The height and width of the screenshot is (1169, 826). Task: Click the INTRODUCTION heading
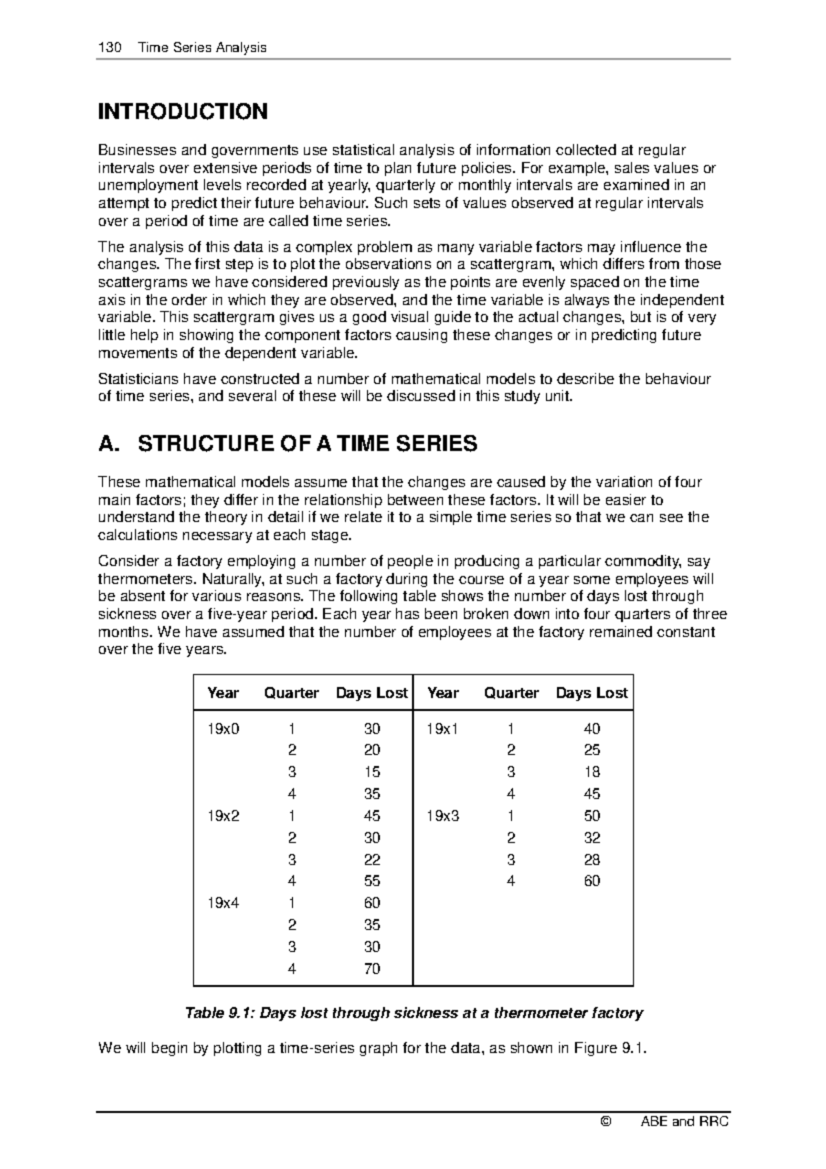[182, 112]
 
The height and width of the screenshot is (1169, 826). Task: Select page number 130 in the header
[110, 48]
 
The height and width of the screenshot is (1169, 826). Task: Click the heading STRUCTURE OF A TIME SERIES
[307, 444]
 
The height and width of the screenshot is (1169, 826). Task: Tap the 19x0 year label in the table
[223, 728]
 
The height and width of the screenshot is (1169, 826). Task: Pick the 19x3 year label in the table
[443, 816]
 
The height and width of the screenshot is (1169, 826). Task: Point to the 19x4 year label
[223, 903]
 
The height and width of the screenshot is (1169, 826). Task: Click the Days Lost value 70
[372, 969]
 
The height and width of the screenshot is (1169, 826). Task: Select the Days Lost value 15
[372, 772]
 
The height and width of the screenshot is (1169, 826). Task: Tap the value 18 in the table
[592, 772]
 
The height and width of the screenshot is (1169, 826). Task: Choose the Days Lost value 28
[592, 860]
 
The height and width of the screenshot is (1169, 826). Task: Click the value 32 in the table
[592, 838]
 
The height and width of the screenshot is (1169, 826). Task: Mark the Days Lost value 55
[372, 881]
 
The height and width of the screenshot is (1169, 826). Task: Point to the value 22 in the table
[372, 860]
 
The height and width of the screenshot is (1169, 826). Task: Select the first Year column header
[223, 693]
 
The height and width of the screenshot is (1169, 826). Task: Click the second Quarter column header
[511, 693]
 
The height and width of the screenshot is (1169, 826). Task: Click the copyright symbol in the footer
[606, 1121]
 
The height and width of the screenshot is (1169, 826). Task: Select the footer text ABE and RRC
[684, 1121]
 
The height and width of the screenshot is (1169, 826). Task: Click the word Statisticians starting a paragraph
[138, 379]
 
